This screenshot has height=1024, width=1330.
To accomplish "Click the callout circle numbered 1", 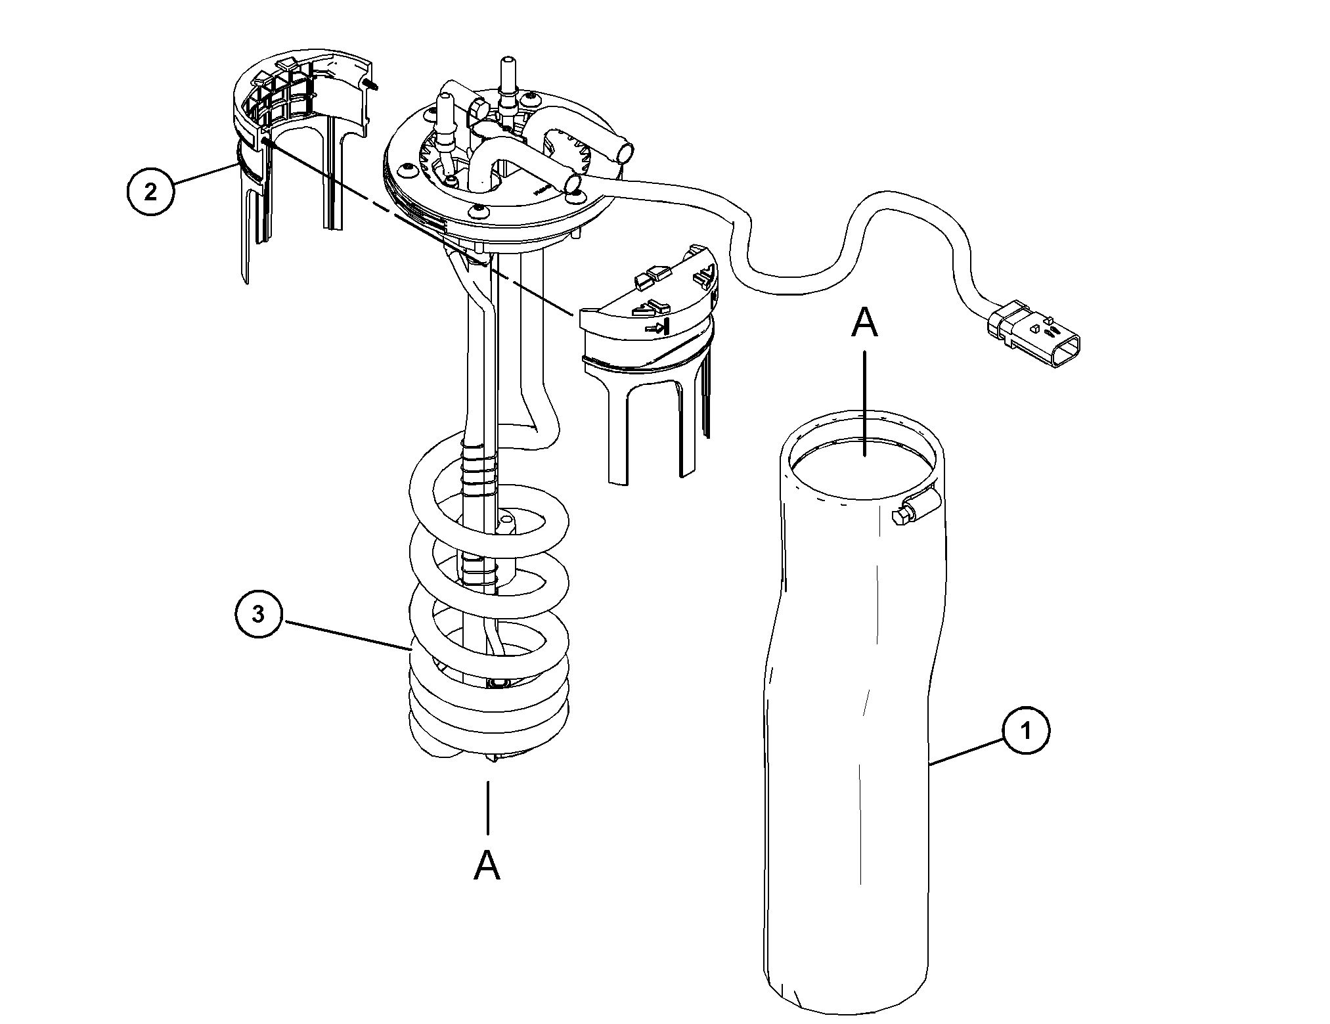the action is point(1025,730).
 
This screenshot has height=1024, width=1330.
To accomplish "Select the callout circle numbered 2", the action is point(150,192).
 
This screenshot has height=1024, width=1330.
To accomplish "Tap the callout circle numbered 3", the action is point(259,614).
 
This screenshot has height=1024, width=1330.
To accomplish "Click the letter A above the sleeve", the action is point(864,324).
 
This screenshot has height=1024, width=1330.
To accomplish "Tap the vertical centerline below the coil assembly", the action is point(487,809).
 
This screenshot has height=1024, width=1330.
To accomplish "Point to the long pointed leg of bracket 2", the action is point(244,230).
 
